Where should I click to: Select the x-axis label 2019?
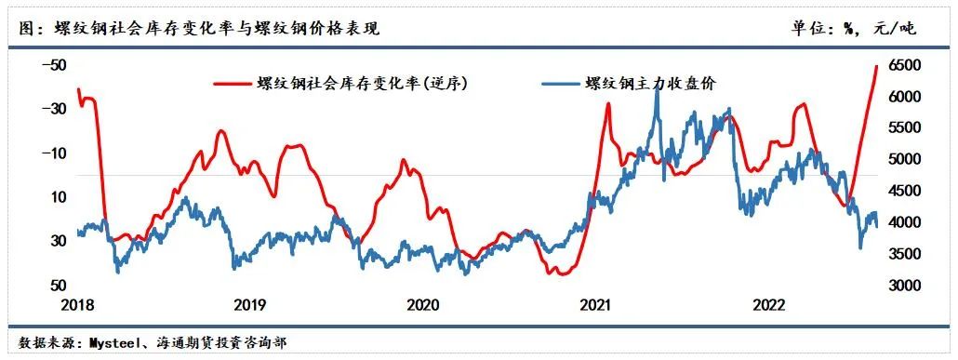pos(250,305)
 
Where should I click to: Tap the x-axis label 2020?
pos(423,305)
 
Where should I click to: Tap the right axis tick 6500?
pos(902,65)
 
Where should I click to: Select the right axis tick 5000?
pos(902,160)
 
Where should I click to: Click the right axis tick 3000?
pos(902,286)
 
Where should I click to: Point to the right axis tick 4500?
pos(902,192)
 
